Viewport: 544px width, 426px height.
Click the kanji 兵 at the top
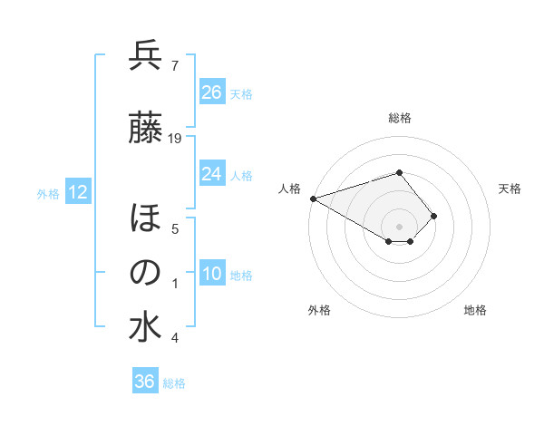[x=145, y=55]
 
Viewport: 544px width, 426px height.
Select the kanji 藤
[x=145, y=128]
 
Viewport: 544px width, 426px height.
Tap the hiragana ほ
[x=145, y=218]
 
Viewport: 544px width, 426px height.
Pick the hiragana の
[x=145, y=273]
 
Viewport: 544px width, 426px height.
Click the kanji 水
[x=145, y=327]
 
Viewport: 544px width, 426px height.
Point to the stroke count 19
[x=176, y=138]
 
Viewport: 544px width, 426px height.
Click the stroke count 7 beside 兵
[x=174, y=65]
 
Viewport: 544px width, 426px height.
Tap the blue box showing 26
[x=211, y=92]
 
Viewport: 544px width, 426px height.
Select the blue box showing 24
[x=211, y=174]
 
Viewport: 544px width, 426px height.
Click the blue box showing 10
[x=211, y=274]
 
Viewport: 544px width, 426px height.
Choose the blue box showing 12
[x=77, y=192]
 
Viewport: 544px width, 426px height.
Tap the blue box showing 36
[x=144, y=382]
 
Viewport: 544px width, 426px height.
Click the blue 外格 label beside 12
[x=48, y=193]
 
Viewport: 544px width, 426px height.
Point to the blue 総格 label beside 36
[x=174, y=383]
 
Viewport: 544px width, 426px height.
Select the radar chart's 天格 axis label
[x=510, y=189]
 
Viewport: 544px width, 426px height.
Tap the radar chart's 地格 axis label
[x=475, y=310]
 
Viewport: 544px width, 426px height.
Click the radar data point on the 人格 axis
[x=313, y=198]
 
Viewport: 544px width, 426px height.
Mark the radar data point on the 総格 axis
[x=399, y=172]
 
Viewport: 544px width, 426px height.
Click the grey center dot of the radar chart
[x=399, y=225]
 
